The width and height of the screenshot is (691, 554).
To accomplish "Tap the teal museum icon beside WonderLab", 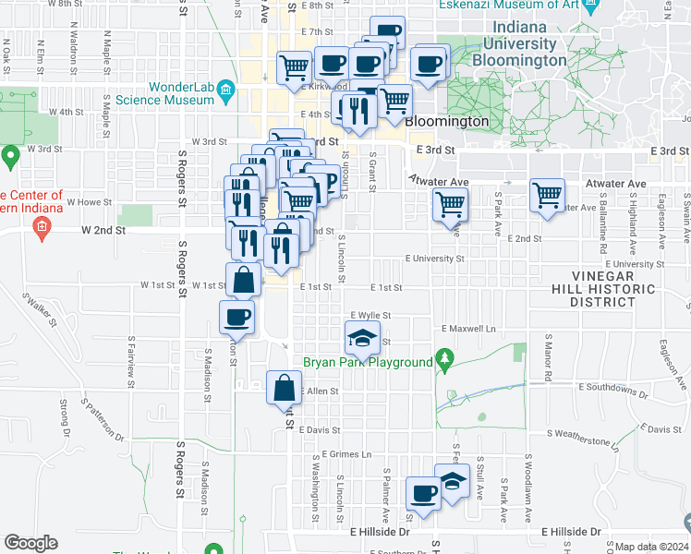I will coord(228,91).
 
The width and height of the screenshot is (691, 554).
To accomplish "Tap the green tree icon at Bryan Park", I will coord(444,357).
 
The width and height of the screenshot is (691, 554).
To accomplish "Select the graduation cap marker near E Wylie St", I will coord(363,338).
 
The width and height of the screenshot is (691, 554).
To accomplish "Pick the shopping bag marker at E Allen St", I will coord(284,389).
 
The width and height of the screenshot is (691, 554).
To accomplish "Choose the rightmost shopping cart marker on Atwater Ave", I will coord(547,195).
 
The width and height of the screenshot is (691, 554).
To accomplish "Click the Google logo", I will coord(30,543).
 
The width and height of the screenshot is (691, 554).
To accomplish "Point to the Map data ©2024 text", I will coord(652,547).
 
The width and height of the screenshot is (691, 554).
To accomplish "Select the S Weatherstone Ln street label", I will coord(582,438).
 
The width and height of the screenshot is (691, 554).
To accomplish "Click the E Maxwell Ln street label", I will coord(468,328).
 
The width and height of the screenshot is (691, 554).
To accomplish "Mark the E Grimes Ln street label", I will coord(346,454).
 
